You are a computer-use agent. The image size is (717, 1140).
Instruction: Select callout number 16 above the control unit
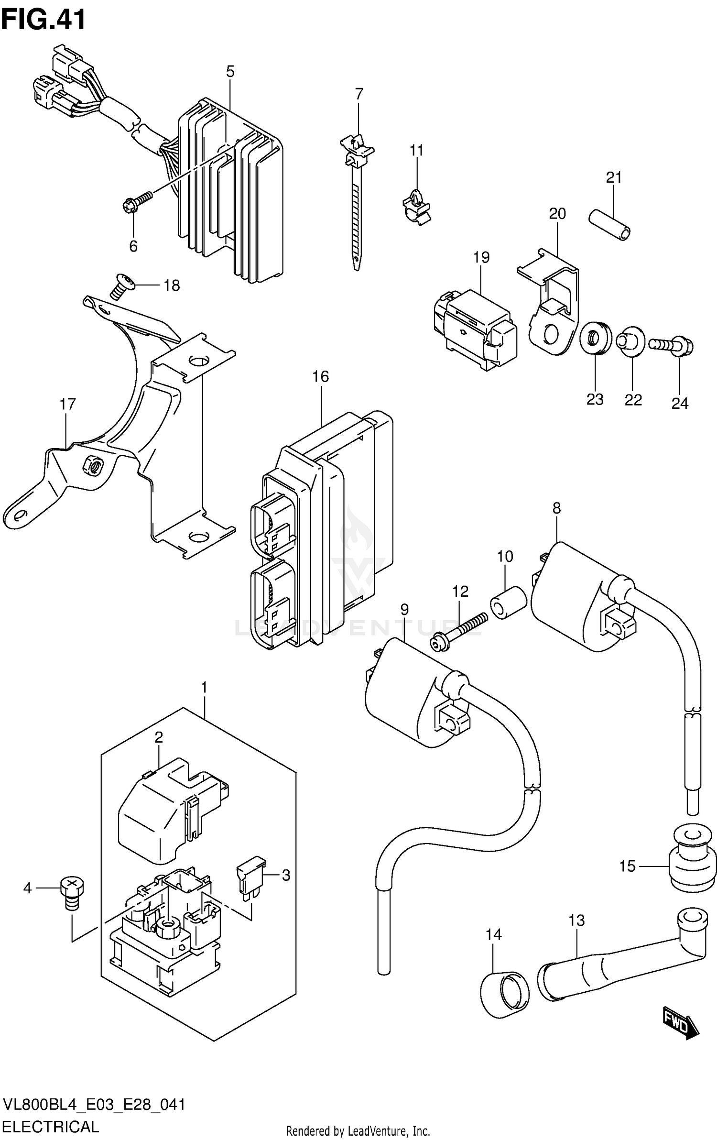click(321, 376)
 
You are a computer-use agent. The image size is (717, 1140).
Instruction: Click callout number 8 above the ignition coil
click(556, 508)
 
